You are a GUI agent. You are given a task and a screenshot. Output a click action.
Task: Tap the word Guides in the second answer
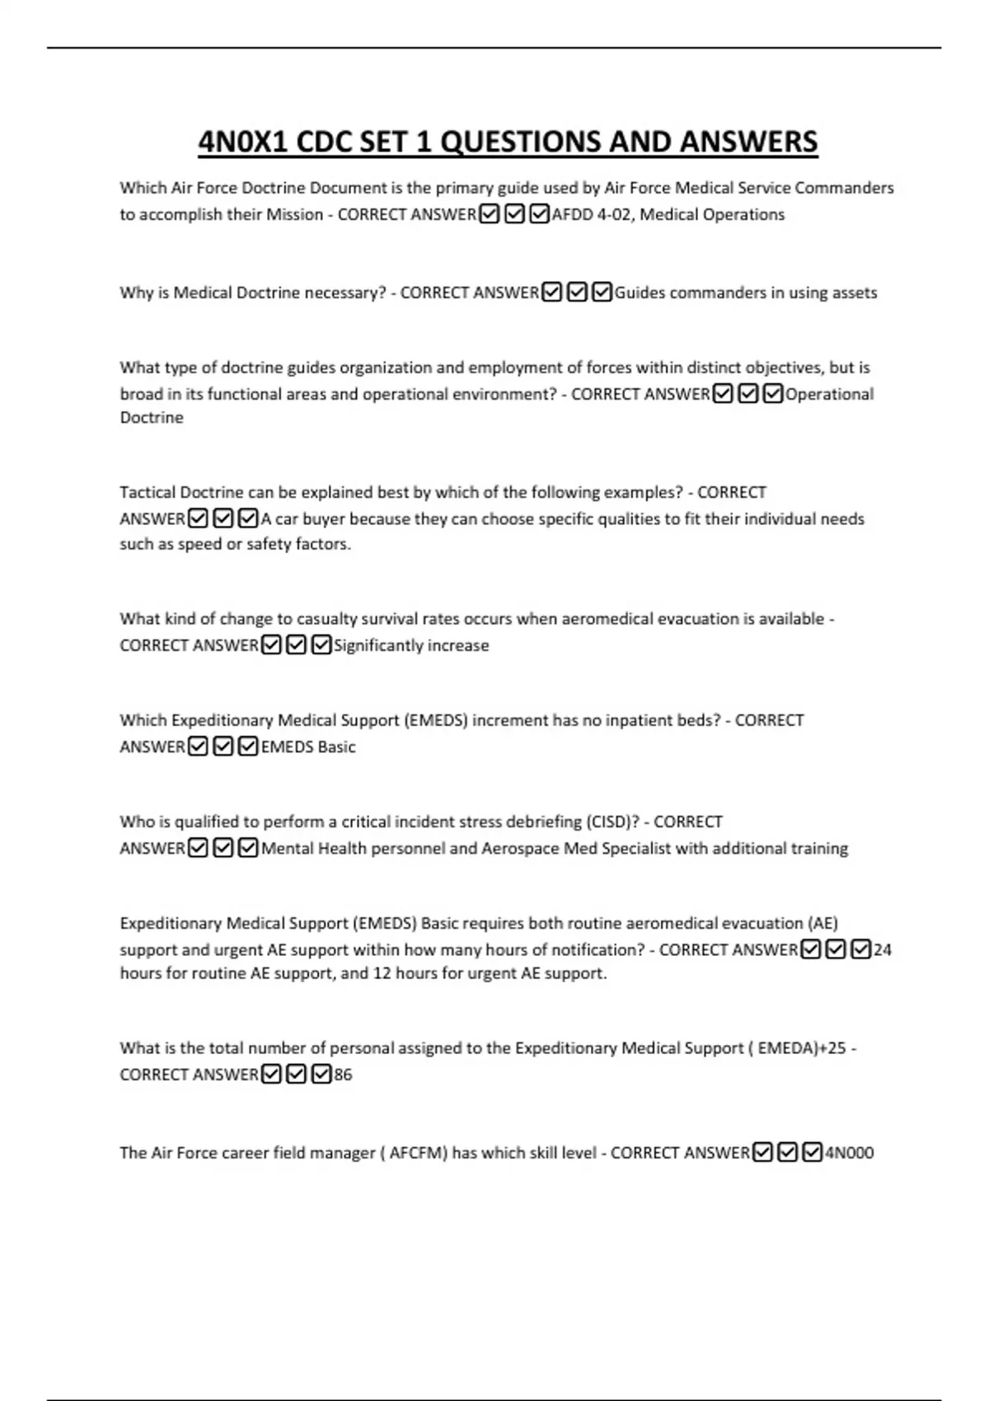click(x=640, y=293)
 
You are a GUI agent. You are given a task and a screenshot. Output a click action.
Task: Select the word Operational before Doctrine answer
click(x=829, y=394)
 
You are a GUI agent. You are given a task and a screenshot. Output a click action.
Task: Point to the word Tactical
click(x=148, y=492)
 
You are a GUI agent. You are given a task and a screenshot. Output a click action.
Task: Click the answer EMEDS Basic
click(x=308, y=747)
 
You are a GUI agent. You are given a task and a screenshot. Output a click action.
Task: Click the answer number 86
click(x=343, y=1075)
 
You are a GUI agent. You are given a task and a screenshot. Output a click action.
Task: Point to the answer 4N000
click(x=850, y=1152)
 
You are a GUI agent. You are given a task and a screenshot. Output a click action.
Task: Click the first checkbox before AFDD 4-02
click(x=490, y=214)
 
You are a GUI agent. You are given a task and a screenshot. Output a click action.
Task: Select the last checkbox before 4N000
click(x=813, y=1152)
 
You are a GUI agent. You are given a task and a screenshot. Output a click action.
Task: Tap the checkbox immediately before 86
click(x=321, y=1075)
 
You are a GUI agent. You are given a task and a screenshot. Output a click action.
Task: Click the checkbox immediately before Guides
click(x=602, y=293)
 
